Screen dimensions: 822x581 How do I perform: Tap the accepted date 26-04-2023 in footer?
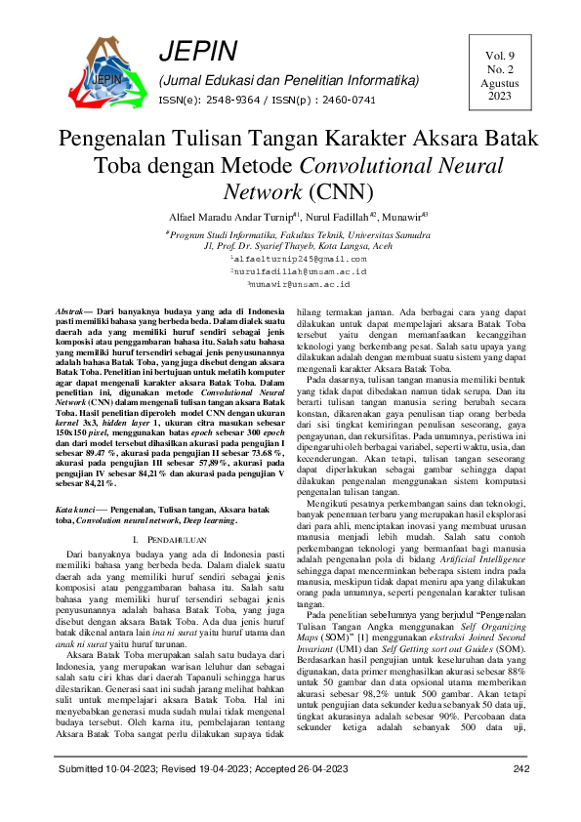(x=315, y=797)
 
